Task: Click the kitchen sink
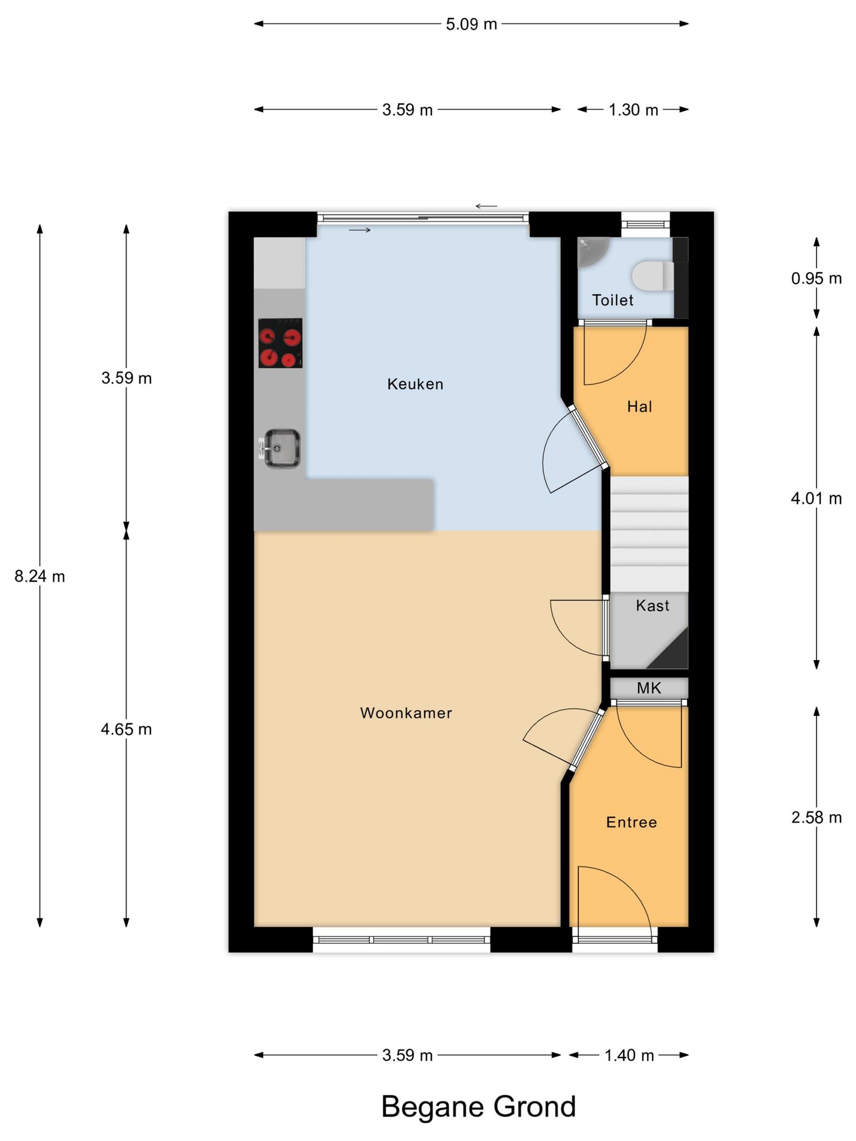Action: point(280,448)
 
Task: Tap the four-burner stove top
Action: point(280,343)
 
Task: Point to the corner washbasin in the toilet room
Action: point(590,251)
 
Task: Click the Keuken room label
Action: point(415,384)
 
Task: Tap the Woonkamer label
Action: point(406,713)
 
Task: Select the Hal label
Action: point(639,407)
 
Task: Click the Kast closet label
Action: point(653,606)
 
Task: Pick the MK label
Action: point(649,688)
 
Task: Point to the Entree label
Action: point(631,822)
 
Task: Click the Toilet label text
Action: point(612,300)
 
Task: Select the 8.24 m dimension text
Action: point(40,577)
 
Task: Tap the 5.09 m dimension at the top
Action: point(471,25)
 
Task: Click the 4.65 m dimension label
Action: point(127,729)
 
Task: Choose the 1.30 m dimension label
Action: point(634,110)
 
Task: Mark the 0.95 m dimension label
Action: point(816,278)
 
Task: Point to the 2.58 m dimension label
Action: point(816,817)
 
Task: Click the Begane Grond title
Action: point(478,1106)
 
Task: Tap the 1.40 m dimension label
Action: point(629,1055)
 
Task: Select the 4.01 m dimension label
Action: point(816,499)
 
